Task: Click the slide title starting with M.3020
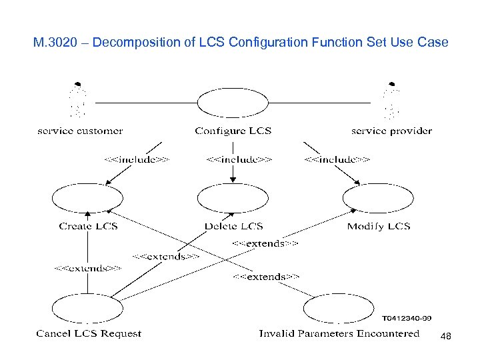tap(241, 43)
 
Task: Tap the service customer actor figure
tap(79, 100)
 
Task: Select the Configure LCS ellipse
tap(233, 103)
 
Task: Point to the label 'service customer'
tap(80, 131)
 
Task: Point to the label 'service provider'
tap(391, 131)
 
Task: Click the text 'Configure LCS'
tap(233, 131)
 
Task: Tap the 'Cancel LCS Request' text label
tap(89, 333)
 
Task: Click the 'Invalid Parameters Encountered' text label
tap(339, 333)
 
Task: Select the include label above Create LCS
tap(136, 159)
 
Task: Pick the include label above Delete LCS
tap(239, 159)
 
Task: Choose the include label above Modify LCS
tap(337, 159)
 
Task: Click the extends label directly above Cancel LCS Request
tap(87, 268)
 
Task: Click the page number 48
tap(446, 337)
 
